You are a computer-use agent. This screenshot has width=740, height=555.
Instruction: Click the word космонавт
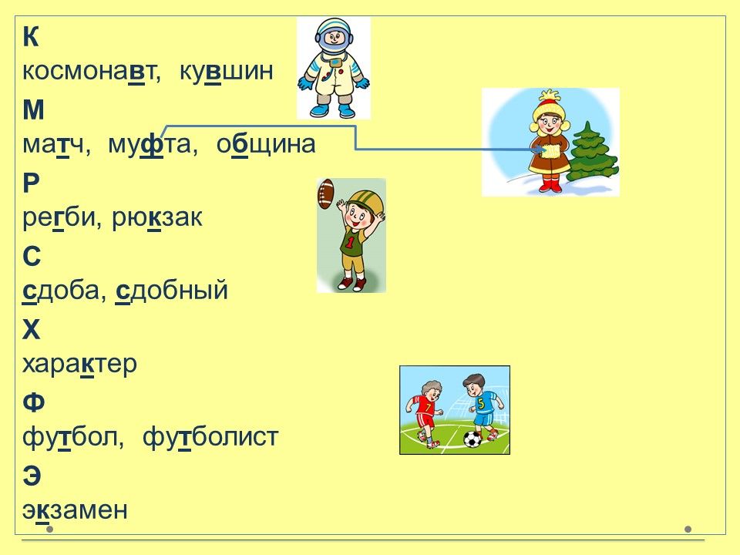[89, 72]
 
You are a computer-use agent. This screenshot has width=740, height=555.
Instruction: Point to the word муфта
[149, 144]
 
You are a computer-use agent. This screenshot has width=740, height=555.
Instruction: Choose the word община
[266, 145]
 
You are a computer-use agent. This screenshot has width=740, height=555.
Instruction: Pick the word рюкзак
[157, 217]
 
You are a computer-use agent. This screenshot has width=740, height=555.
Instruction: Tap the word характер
[79, 365]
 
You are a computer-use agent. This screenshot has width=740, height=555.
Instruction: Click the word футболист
[210, 436]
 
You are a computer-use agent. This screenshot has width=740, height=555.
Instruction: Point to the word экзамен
[75, 510]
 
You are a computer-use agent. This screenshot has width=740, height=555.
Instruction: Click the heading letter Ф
[33, 402]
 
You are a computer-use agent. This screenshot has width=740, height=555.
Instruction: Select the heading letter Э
[32, 476]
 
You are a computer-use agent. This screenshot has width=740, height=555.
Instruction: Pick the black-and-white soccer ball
[472, 439]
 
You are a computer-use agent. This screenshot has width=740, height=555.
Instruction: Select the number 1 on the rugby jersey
[350, 243]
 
